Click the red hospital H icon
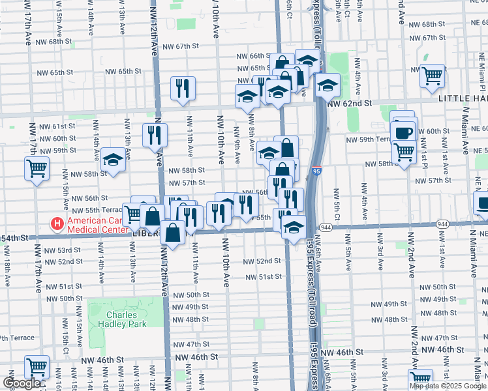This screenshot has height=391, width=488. pos(57,224)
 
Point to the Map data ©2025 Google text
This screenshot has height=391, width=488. pos(448,386)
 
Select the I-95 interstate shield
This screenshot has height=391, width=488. pos(316,171)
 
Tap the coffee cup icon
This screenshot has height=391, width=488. pos(404,132)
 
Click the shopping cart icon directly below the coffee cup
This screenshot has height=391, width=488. pos(404,152)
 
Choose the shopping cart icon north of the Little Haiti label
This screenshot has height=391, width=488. pos(432,76)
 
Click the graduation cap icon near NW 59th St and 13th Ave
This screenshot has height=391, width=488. pos(113,160)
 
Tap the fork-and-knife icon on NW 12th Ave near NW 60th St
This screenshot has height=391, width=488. pos(155,135)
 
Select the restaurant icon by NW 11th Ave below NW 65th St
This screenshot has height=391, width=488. pos(183,88)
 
